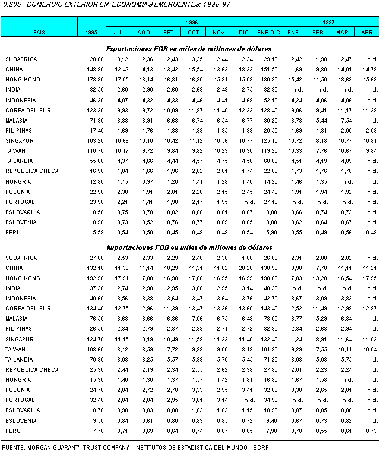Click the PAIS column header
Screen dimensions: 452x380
(39, 32)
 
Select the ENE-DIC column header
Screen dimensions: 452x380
(268, 32)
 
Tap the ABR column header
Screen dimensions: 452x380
(367, 32)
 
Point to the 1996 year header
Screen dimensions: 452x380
(192, 21)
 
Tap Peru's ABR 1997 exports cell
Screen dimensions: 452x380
(371, 232)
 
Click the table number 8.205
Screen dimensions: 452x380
(11, 5)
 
